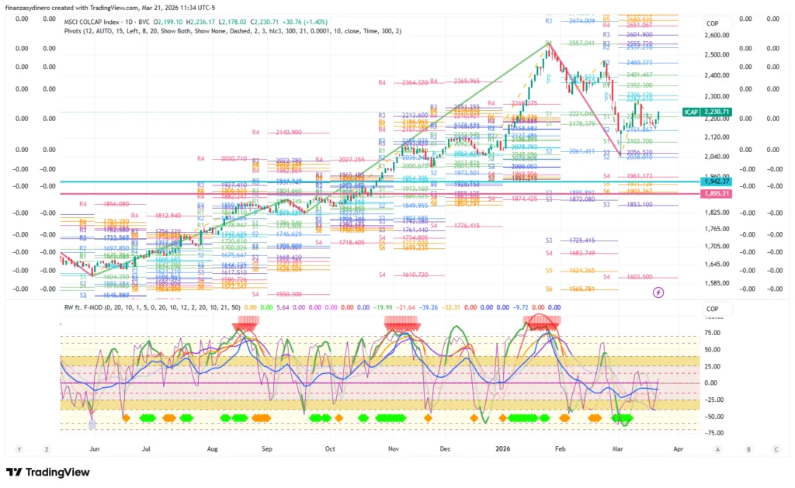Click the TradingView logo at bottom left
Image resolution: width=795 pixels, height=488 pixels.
(48, 472)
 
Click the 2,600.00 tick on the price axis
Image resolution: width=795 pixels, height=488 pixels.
(717, 35)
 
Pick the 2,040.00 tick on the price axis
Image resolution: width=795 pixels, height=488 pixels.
(717, 156)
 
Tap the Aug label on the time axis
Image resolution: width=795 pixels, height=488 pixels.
(213, 448)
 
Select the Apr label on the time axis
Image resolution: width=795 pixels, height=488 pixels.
(679, 448)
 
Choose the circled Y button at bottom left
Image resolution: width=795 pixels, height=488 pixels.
(19, 449)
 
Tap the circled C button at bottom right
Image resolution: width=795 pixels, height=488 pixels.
(776, 449)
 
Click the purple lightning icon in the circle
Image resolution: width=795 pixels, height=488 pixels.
(658, 292)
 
